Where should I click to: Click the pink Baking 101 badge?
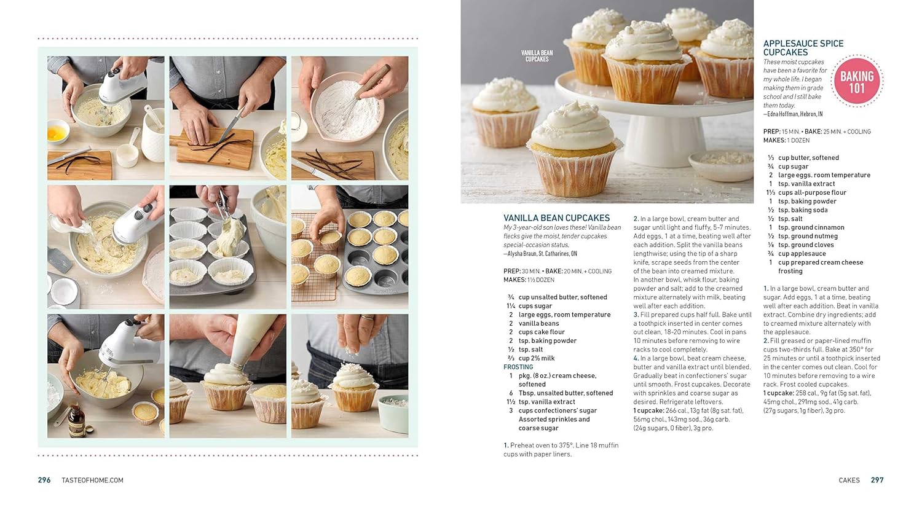pos(857,81)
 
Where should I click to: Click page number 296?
pos(44,480)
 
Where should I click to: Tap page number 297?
pos(877,480)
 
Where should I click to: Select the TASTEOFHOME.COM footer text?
pos(93,480)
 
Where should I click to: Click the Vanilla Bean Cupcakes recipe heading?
pos(556,218)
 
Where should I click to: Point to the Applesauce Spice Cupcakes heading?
pos(803,48)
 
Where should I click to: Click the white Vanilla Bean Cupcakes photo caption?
pos(537,56)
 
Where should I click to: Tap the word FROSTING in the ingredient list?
pos(518,367)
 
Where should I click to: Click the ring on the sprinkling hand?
pos(367,317)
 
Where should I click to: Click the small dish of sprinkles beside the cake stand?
pos(721,165)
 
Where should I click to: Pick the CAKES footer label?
pos(849,480)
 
